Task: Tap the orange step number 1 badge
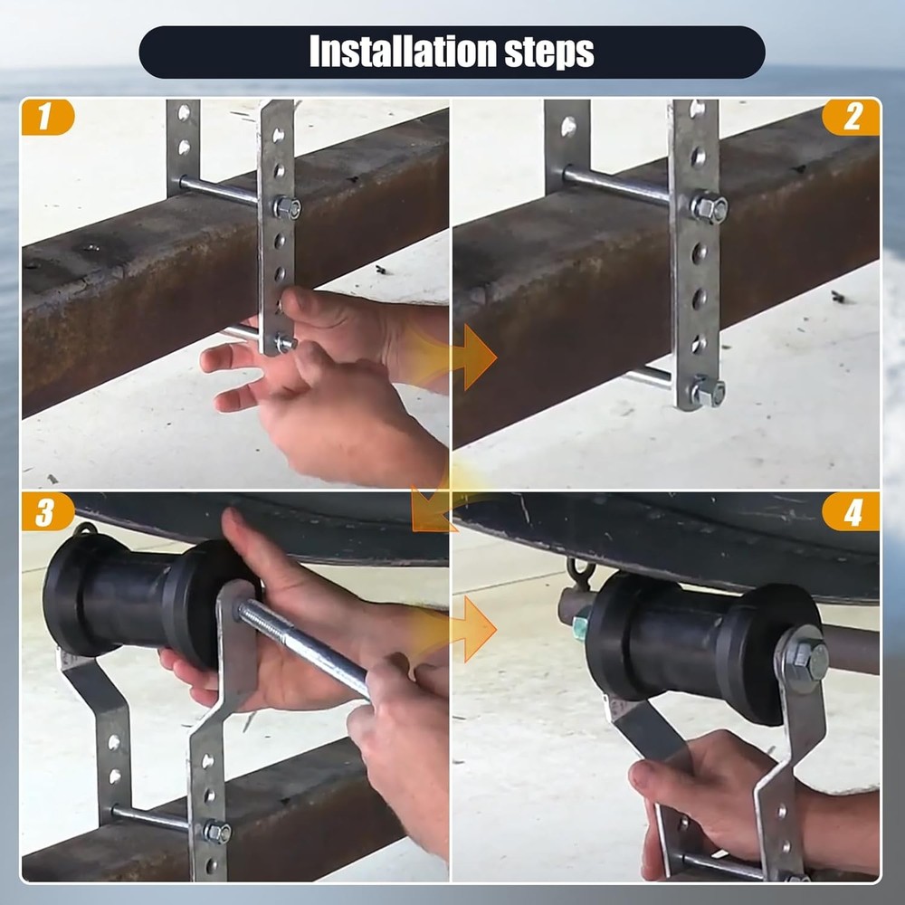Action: pos(44,118)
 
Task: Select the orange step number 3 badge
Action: pos(45,513)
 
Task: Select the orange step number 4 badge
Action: pos(852,513)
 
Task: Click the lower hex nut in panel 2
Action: pos(708,391)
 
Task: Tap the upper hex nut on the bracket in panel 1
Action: pos(287,207)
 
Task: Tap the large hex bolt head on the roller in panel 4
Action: pos(804,658)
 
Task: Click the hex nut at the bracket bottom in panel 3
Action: pos(216,831)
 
